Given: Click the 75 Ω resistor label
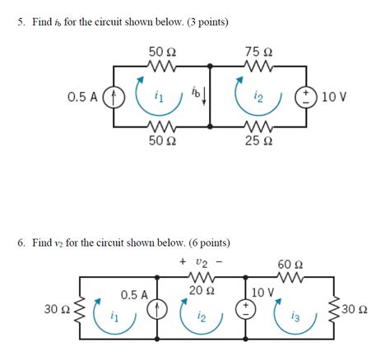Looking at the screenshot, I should (259, 51).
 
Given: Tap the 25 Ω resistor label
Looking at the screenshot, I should (259, 142).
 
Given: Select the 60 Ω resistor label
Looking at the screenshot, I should (290, 265).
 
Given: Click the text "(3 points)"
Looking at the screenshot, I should (205, 21).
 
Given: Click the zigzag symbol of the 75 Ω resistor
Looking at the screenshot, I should (259, 64).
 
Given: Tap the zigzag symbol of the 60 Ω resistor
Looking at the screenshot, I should (290, 278).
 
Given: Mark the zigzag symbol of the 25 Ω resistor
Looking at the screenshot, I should (259, 127).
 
